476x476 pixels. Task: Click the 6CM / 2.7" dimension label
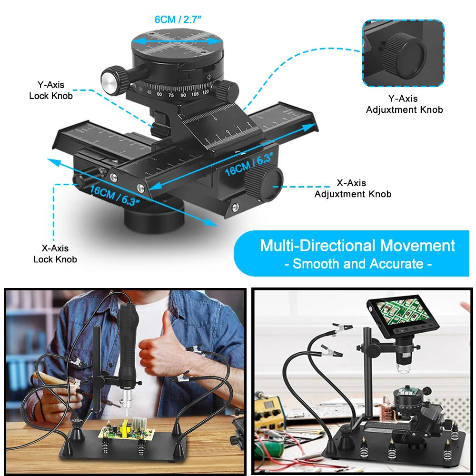tap(178, 20)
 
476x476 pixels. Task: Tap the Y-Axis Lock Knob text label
tap(51, 90)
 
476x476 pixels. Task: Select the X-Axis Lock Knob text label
tap(55, 254)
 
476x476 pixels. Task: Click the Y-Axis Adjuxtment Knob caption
tap(404, 104)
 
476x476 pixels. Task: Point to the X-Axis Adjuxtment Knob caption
tap(353, 188)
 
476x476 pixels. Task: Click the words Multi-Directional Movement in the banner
tap(357, 245)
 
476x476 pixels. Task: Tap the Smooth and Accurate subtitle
tap(358, 264)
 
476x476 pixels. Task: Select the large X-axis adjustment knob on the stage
tap(264, 184)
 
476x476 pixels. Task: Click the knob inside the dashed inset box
tap(404, 55)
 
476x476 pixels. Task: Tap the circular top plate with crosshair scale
tap(177, 43)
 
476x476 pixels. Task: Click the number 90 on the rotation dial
tap(183, 95)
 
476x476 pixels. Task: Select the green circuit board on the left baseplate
tap(126, 430)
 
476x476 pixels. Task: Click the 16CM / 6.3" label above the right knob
tap(249, 165)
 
